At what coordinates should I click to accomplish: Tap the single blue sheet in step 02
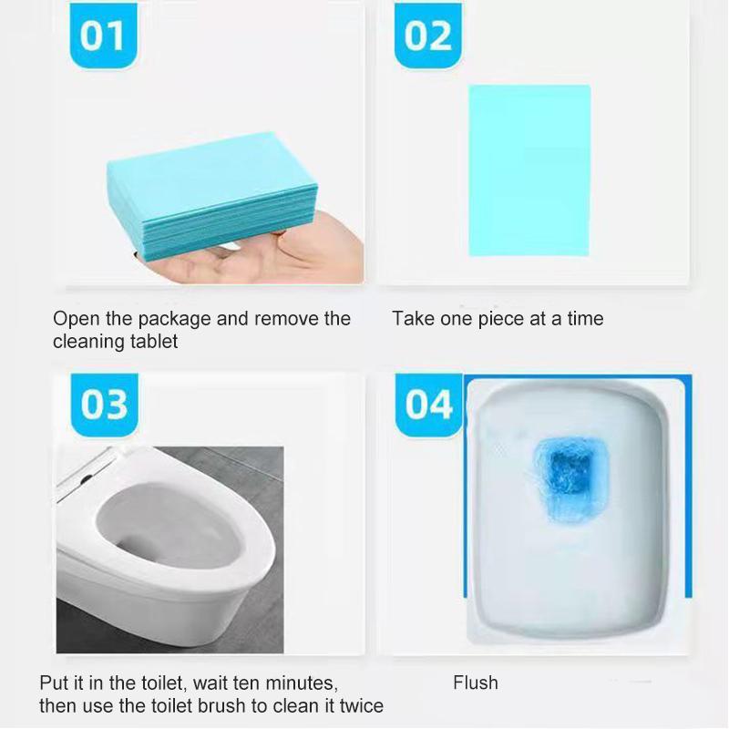pyautogui.click(x=529, y=170)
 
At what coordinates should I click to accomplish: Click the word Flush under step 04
pyautogui.click(x=476, y=683)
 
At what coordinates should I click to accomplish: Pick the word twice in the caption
pyautogui.click(x=360, y=706)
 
